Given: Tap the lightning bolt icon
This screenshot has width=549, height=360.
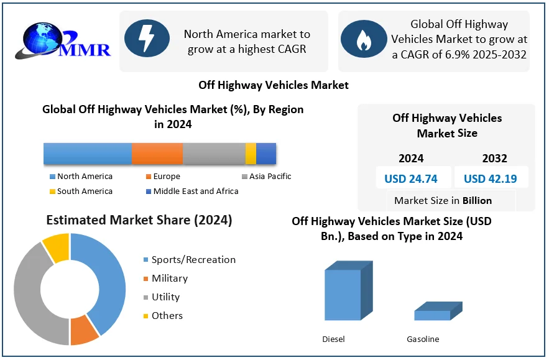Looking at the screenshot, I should [147, 39].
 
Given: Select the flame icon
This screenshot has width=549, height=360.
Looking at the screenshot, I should [363, 39].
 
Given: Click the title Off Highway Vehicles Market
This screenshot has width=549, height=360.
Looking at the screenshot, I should [274, 85].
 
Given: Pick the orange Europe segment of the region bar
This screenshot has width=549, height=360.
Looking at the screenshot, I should [157, 153].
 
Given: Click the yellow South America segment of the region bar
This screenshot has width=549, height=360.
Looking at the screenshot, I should [251, 153].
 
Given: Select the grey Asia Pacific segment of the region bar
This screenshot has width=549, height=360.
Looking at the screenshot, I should [214, 153].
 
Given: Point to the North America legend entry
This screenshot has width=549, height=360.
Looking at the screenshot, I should [85, 177].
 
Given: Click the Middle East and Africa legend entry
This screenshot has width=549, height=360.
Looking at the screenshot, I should [195, 192].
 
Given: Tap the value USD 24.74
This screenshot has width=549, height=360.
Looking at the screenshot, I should [410, 179].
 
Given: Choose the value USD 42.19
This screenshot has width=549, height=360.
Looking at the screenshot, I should [490, 179].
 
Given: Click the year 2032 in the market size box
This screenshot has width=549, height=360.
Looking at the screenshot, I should [494, 158].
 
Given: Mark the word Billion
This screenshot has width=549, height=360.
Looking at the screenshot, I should [477, 200].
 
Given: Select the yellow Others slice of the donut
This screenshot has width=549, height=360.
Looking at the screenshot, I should [57, 246].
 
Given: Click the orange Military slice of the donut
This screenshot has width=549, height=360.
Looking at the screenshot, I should [84, 330].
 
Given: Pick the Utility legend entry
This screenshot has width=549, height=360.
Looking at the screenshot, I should [165, 297].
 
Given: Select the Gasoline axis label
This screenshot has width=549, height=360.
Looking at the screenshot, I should [423, 339].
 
